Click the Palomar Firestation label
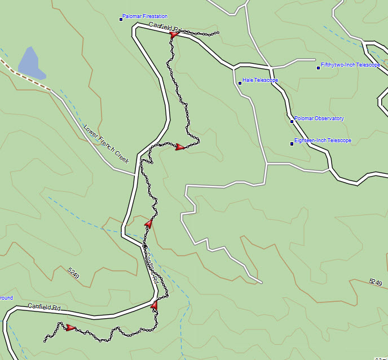click(145, 16)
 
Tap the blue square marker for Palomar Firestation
click(121, 19)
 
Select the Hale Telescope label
click(260, 80)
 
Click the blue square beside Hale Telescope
click(240, 83)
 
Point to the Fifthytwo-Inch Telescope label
click(350, 65)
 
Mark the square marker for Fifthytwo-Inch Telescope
click(318, 68)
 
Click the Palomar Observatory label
click(319, 118)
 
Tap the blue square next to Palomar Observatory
click(292, 121)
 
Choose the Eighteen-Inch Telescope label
click(323, 141)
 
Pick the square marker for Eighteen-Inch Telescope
click(292, 143)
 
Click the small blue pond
click(31, 63)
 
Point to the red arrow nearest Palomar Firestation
click(174, 34)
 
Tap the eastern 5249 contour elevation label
click(375, 281)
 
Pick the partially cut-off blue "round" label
click(6, 298)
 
